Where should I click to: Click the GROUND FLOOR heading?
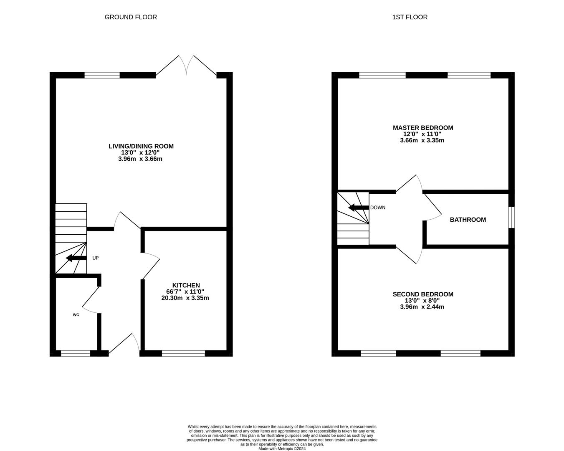click(x=131, y=17)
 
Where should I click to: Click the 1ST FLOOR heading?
click(x=410, y=17)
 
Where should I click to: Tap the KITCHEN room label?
click(x=186, y=285)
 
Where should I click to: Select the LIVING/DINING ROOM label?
click(x=141, y=146)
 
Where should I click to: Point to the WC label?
click(x=76, y=314)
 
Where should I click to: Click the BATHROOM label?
click(x=468, y=220)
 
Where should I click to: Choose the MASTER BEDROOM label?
click(x=423, y=128)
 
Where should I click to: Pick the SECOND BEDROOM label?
click(x=423, y=294)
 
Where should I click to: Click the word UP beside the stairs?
click(x=96, y=258)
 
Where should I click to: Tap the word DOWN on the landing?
click(x=378, y=208)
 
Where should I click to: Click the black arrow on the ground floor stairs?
click(x=76, y=258)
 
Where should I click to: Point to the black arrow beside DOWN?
click(x=358, y=208)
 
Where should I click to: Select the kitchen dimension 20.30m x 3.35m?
click(x=185, y=298)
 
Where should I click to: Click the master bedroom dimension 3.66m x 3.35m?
click(x=422, y=140)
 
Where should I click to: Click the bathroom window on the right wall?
click(x=511, y=218)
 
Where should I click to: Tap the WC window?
click(x=76, y=353)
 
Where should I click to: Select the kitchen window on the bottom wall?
click(x=183, y=353)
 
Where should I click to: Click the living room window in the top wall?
click(x=102, y=75)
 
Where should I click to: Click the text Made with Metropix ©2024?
click(x=282, y=448)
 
